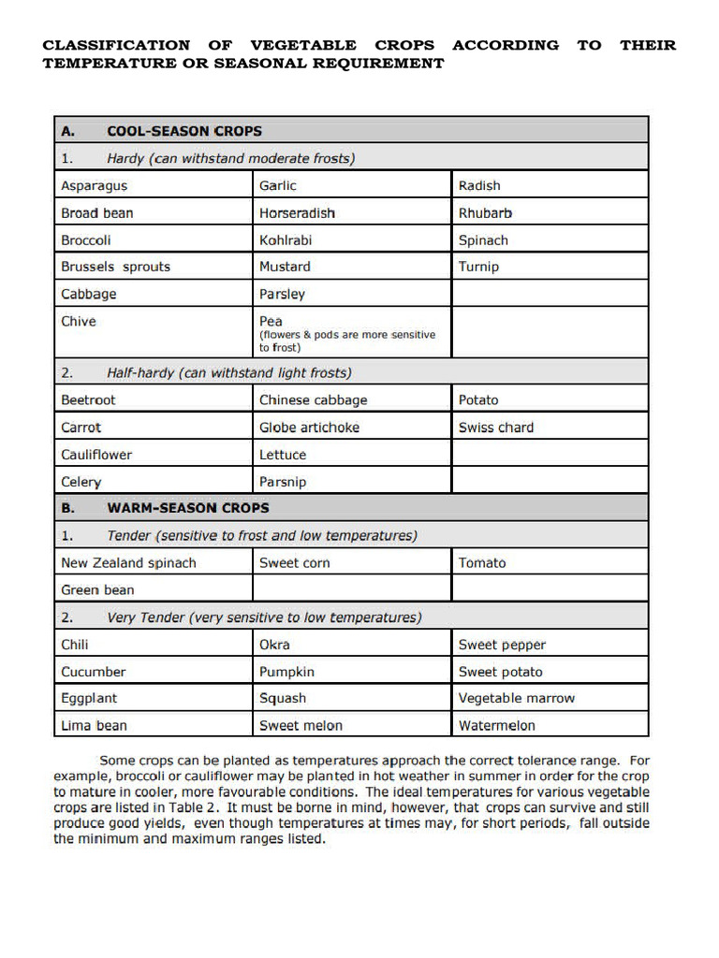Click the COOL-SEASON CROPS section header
(184, 131)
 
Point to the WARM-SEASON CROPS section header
(188, 508)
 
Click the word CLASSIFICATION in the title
(116, 45)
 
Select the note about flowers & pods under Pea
(346, 341)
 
